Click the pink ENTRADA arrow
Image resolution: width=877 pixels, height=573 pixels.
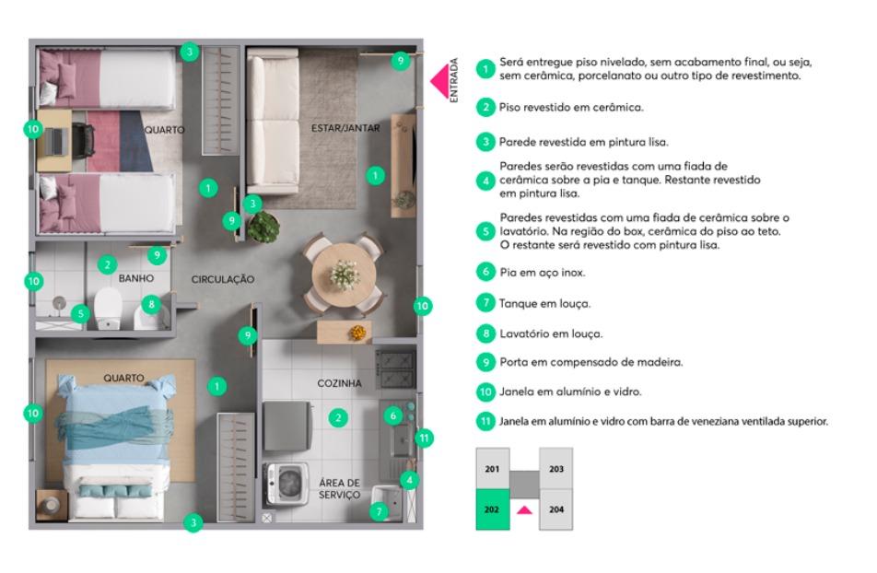coord(440,81)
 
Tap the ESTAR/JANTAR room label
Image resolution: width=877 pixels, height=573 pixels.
coord(345,128)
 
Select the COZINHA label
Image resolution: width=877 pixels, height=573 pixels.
coord(340,383)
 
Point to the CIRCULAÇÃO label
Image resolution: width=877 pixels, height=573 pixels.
coord(223,279)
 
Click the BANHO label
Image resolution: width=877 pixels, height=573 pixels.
coord(136,278)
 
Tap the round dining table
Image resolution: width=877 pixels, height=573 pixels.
coord(345,275)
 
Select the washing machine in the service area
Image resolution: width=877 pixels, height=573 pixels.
coord(286,484)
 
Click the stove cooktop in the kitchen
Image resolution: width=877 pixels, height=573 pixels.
coord(395,369)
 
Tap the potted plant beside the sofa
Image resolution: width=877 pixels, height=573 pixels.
coord(263,226)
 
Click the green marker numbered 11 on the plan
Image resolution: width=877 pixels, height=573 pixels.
coord(424,439)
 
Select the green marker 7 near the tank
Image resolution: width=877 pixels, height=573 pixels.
coord(380,511)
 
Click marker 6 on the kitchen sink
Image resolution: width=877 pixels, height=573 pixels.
coord(393,415)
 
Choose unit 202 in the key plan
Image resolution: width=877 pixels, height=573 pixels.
coord(493,509)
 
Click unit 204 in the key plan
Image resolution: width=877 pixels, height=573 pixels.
coord(556,509)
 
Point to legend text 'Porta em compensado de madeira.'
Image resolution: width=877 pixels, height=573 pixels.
coord(591,362)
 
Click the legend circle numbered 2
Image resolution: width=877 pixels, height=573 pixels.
coord(486,107)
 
